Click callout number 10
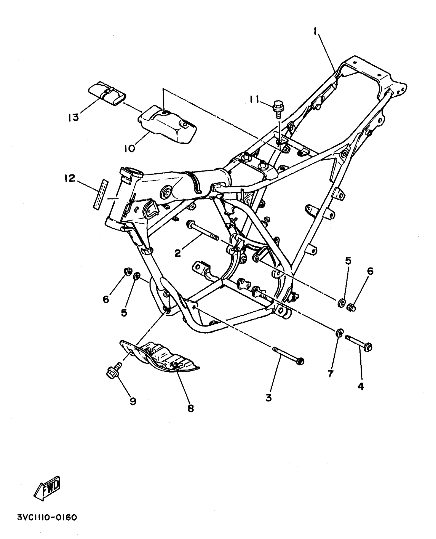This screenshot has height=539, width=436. pyautogui.click(x=130, y=149)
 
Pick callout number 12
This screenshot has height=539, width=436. pyautogui.click(x=70, y=178)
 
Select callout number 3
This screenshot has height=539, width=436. pyautogui.click(x=268, y=398)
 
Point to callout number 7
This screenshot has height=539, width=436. pyautogui.click(x=330, y=374)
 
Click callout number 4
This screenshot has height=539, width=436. pyautogui.click(x=361, y=386)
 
